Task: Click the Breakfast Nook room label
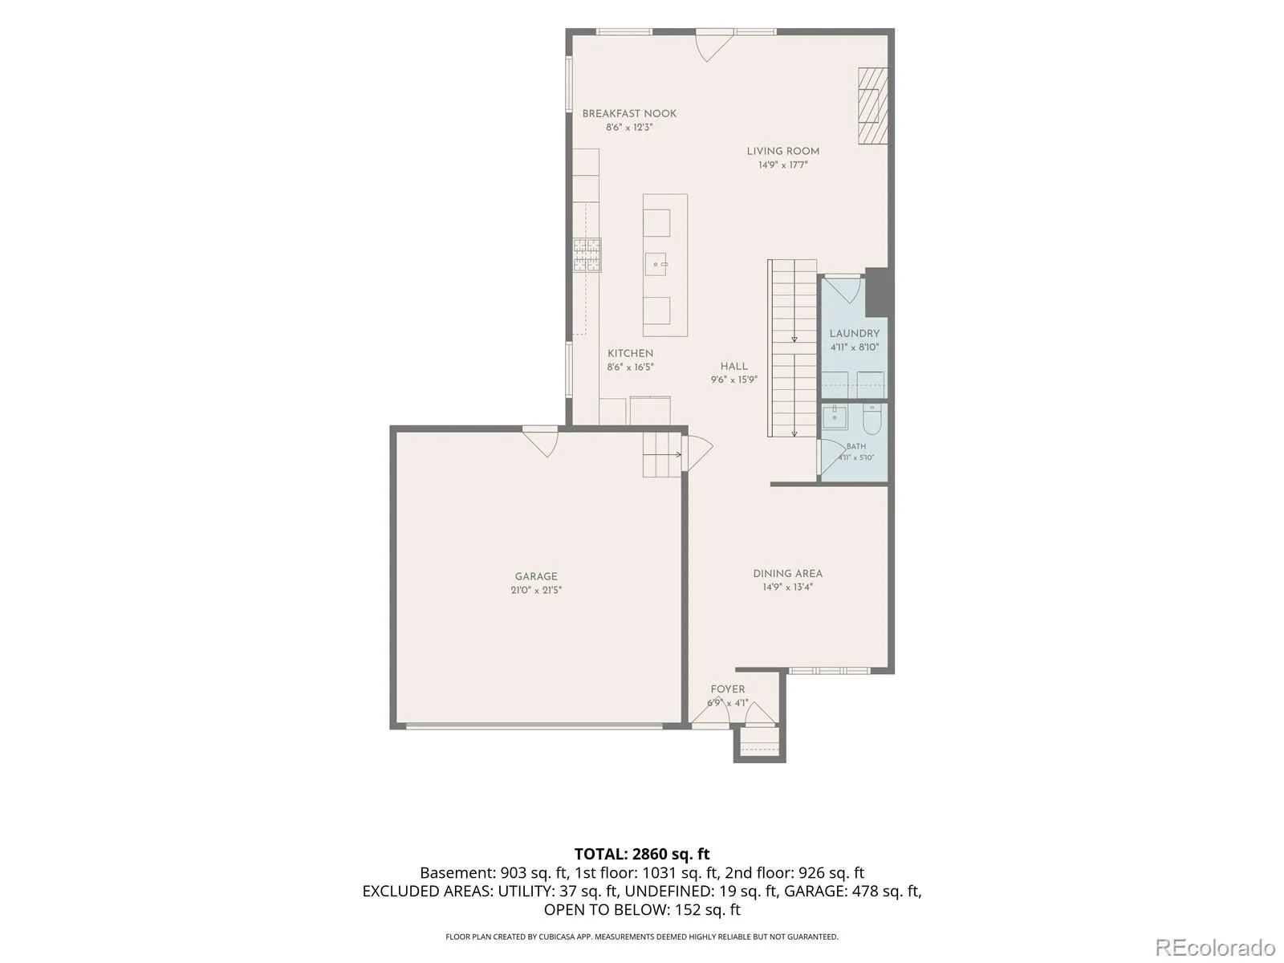click(x=629, y=113)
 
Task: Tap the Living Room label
click(x=782, y=151)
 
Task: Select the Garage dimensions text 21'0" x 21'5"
click(x=536, y=590)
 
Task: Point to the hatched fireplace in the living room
click(x=873, y=106)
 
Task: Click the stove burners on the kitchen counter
click(x=587, y=255)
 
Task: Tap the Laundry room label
click(x=854, y=333)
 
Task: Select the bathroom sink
click(x=834, y=417)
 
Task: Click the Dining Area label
click(x=787, y=574)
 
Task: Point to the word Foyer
click(x=728, y=689)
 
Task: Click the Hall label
click(x=733, y=366)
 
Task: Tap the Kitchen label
click(x=630, y=353)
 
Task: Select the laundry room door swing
click(x=843, y=290)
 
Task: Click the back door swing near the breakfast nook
click(x=714, y=47)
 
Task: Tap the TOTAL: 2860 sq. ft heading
click(x=642, y=854)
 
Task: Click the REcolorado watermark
click(x=1216, y=947)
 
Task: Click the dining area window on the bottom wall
click(x=830, y=671)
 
